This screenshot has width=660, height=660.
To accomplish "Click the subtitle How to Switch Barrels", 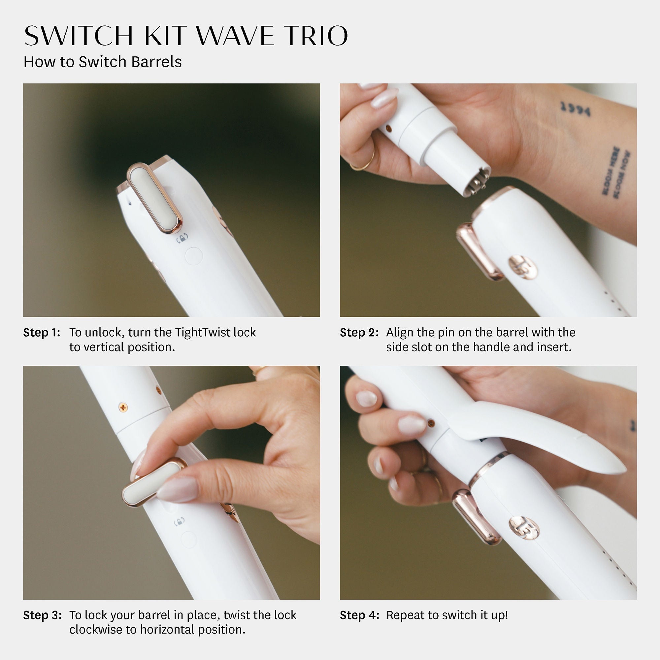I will click(103, 62).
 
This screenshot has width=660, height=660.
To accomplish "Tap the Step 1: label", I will click(42, 332).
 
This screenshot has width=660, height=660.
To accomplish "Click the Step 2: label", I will click(359, 332).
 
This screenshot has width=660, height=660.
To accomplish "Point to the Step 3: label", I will click(42, 615).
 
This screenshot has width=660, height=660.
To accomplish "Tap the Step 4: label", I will click(359, 615).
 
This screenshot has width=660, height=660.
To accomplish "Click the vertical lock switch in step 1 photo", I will click(155, 198).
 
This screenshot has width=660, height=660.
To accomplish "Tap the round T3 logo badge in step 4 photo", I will click(524, 528).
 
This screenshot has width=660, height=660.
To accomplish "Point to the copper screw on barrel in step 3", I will click(123, 407).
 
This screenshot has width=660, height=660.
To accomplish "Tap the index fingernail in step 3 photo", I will click(178, 489).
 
